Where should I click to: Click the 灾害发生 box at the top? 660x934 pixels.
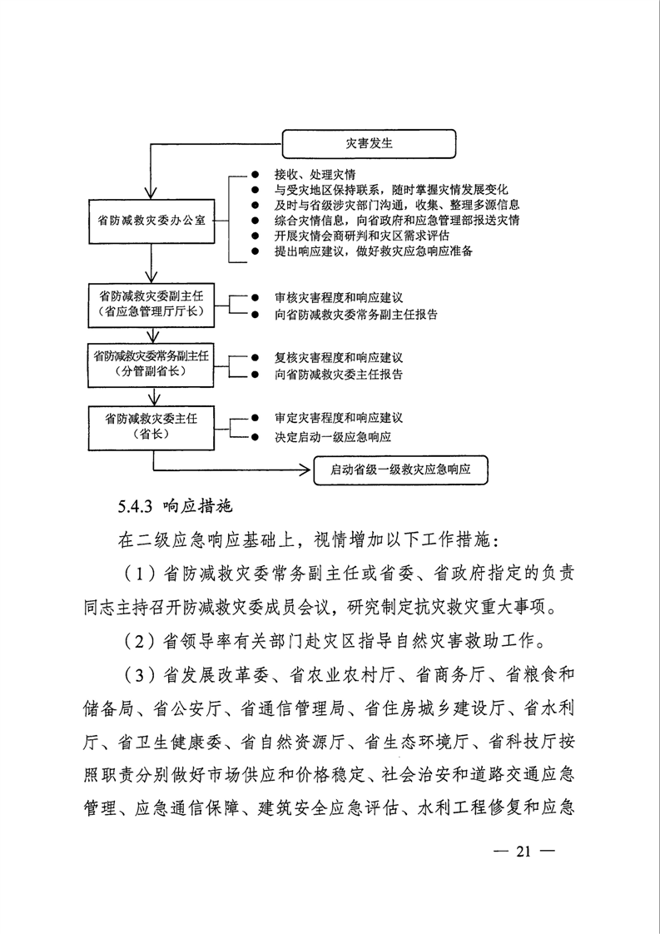(x=370, y=143)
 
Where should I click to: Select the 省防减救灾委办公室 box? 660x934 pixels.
(x=151, y=221)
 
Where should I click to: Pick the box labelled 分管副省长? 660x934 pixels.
(x=151, y=364)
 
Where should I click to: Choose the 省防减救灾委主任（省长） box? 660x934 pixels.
(x=151, y=425)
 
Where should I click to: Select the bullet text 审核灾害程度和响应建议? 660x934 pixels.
(x=339, y=297)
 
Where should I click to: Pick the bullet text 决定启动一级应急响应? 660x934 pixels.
(x=333, y=436)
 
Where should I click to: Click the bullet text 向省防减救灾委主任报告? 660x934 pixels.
(x=339, y=375)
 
